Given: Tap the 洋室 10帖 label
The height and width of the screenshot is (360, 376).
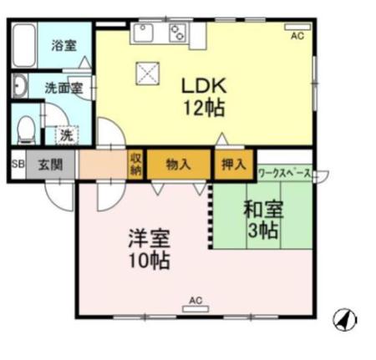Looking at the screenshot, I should (150, 248).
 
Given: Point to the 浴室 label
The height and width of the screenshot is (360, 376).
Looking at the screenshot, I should (64, 46).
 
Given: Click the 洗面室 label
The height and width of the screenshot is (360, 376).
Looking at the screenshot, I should (62, 87).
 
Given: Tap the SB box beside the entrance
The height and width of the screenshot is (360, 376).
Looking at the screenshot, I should (18, 164).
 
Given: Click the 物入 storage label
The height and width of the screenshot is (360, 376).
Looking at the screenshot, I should (179, 164).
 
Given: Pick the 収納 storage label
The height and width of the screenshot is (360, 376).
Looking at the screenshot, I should (136, 164).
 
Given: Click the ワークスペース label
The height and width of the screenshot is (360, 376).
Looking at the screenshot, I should (285, 174).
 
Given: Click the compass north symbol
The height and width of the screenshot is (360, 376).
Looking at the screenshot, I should (344, 318).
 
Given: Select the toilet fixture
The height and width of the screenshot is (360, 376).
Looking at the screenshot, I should (25, 129).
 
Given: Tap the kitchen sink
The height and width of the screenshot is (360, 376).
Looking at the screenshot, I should (145, 33).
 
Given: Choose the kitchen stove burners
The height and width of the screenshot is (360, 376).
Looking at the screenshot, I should (178, 33).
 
